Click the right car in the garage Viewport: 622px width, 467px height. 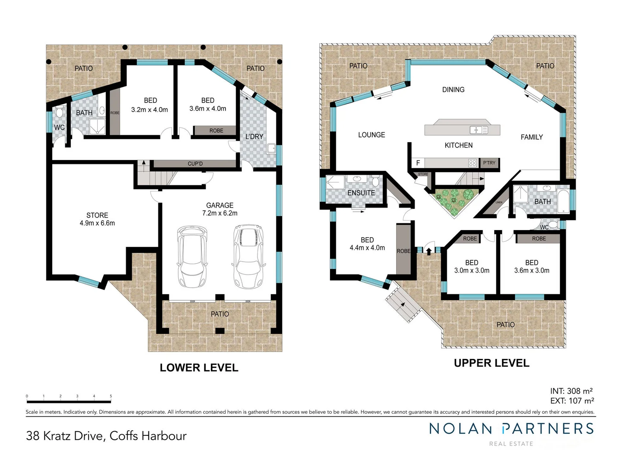click(x=248, y=256)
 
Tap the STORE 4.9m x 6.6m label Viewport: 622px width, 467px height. click(x=97, y=219)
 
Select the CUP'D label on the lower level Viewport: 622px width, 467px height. click(x=195, y=164)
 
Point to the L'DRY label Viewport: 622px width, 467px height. click(x=254, y=137)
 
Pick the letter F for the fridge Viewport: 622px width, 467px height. click(x=418, y=163)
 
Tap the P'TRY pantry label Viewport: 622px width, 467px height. click(x=489, y=163)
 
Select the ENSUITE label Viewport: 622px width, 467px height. click(x=361, y=193)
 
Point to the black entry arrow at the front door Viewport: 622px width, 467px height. click(x=428, y=250)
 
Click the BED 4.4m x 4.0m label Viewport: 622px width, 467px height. click(x=367, y=244)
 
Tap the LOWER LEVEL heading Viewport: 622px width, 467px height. click(x=199, y=368)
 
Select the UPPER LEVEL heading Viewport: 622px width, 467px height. click(x=491, y=363)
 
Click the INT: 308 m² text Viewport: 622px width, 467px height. click(x=571, y=391)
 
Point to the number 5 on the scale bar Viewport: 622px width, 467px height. click(x=111, y=396)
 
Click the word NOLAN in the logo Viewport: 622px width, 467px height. click(x=460, y=429)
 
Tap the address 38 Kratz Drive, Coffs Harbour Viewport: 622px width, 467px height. click(x=106, y=435)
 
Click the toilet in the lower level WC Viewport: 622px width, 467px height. click(x=59, y=113)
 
